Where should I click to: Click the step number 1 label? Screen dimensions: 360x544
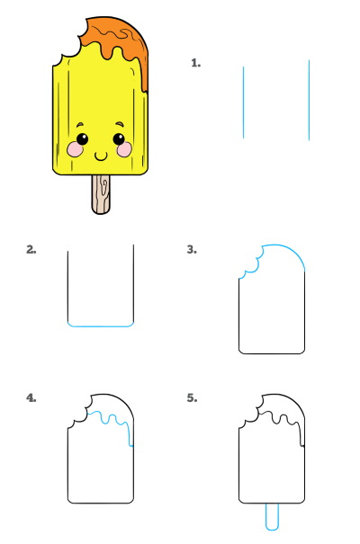(196, 63)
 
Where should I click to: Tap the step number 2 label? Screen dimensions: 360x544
(31, 249)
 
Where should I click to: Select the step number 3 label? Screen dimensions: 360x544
(192, 249)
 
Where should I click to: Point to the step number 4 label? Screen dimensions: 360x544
(31, 398)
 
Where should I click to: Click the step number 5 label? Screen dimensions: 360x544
(192, 398)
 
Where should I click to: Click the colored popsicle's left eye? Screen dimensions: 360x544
(82, 139)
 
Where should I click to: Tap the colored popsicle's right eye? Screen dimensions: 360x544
(119, 139)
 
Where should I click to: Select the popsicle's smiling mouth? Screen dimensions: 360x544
(101, 156)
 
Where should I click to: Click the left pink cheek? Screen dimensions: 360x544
(75, 149)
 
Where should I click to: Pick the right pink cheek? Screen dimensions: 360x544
(124, 149)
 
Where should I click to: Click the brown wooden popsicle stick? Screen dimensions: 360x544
(101, 194)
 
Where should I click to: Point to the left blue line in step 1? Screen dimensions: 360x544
(243, 103)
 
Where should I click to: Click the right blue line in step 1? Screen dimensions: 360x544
(309, 101)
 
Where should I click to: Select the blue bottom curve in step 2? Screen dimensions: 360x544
(101, 326)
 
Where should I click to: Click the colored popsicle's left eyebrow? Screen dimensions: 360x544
(80, 124)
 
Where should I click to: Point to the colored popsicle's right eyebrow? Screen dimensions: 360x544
(120, 123)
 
